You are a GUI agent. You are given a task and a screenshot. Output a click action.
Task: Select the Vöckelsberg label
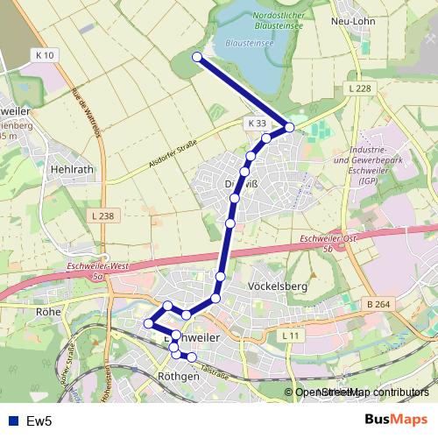277,286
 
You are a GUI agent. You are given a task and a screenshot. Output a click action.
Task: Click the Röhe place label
46,310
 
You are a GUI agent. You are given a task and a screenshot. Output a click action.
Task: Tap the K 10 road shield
46,55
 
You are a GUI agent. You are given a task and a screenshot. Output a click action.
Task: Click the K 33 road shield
256,124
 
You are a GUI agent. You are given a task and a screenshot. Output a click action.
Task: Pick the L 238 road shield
102,215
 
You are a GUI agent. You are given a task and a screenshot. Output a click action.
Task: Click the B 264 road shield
378,304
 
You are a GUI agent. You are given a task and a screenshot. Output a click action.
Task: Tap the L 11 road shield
291,335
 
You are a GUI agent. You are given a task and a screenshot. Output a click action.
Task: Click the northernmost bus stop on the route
197,58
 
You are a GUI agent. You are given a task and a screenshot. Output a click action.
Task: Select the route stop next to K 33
289,129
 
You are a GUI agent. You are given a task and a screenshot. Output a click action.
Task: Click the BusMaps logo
395,420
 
